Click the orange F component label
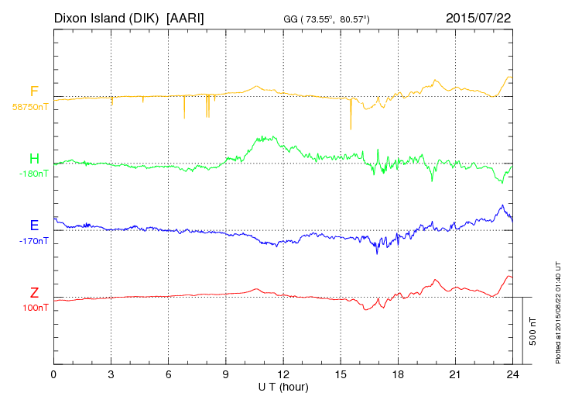(34, 91)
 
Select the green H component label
(34, 159)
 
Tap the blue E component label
(34, 226)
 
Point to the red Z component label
(34, 293)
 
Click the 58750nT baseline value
(29, 107)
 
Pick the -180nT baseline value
(33, 174)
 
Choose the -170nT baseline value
(33, 241)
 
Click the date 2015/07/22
(478, 17)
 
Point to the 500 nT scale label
(533, 331)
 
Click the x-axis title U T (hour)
(283, 387)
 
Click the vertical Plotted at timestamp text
(557, 310)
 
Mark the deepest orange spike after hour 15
(351, 127)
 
